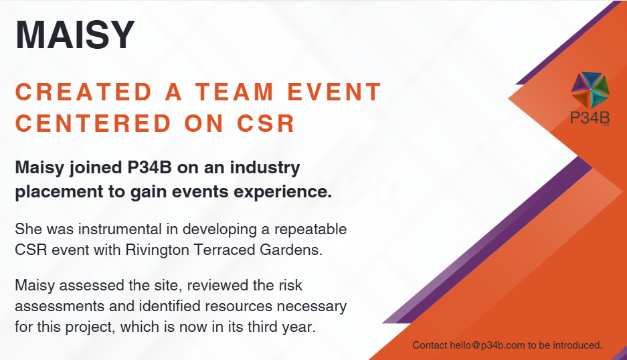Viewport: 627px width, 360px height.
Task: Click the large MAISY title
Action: (75, 34)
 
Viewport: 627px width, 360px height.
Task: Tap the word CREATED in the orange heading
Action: (84, 92)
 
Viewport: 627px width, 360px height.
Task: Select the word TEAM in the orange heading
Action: (234, 92)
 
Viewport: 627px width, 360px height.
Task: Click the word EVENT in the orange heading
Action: (335, 92)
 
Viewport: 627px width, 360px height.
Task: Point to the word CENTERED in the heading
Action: (93, 123)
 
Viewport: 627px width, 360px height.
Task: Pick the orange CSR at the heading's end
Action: (266, 123)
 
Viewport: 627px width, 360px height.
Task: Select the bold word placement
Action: (60, 192)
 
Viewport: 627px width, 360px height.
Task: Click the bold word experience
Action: (282, 192)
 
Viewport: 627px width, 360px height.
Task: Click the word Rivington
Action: (157, 251)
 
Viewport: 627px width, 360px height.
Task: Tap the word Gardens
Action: (291, 250)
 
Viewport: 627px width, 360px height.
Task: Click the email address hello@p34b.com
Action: (487, 345)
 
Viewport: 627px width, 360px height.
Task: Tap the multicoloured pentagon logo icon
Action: (590, 90)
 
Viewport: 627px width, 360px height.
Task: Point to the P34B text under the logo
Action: (590, 118)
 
